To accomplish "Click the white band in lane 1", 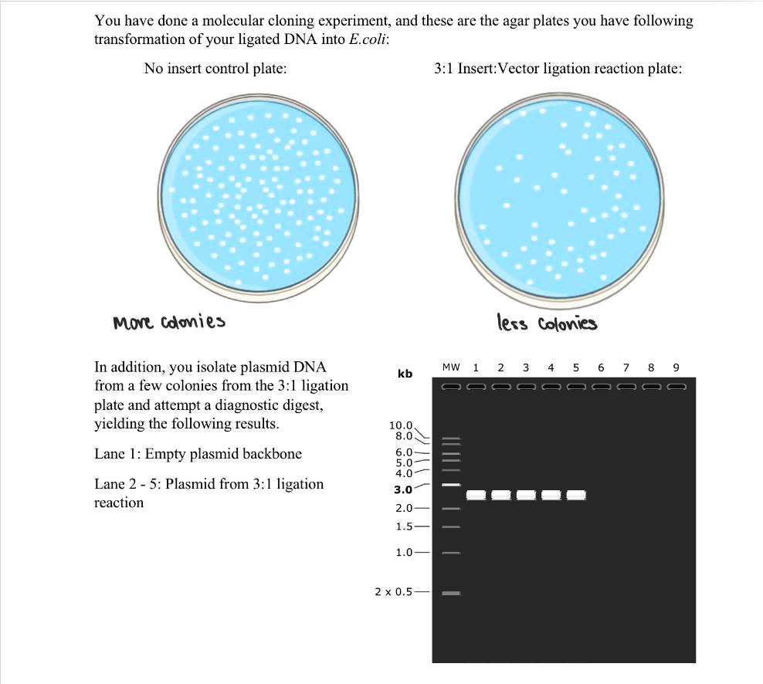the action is coord(476,494).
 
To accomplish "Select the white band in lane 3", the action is coord(526,494).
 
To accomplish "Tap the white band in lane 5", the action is coord(576,494).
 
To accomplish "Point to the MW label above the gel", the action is coord(451,367).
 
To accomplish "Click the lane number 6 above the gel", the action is coord(601,367).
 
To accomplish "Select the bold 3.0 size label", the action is coord(403,489).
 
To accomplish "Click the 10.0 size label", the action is coord(402,425).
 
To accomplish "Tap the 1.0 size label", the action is coord(404,552).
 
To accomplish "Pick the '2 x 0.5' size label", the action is coord(394,592).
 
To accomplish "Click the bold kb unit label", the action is coord(405,374).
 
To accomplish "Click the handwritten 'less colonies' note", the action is coord(547,323).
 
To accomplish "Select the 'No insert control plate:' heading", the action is coord(215,69).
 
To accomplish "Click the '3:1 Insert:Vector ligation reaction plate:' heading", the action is coord(558,69).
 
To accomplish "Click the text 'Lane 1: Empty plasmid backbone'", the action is coord(198,454).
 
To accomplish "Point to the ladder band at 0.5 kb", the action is coord(451,594).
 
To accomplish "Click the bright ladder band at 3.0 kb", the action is coord(451,484).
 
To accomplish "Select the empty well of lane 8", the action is coord(651,386).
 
